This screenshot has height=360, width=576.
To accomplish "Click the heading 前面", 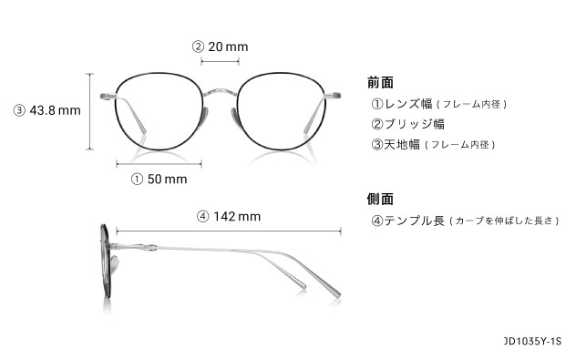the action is (380, 82).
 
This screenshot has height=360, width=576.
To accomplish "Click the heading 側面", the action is (380, 199).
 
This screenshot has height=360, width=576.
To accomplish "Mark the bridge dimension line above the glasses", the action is (220, 62).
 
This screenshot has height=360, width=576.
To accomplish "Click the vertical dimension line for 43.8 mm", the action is (90, 112).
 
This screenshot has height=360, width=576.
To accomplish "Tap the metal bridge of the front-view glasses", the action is (220, 91).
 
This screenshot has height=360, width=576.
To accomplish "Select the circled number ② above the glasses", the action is (197, 46).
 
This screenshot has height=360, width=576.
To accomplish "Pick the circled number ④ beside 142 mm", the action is (203, 217).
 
